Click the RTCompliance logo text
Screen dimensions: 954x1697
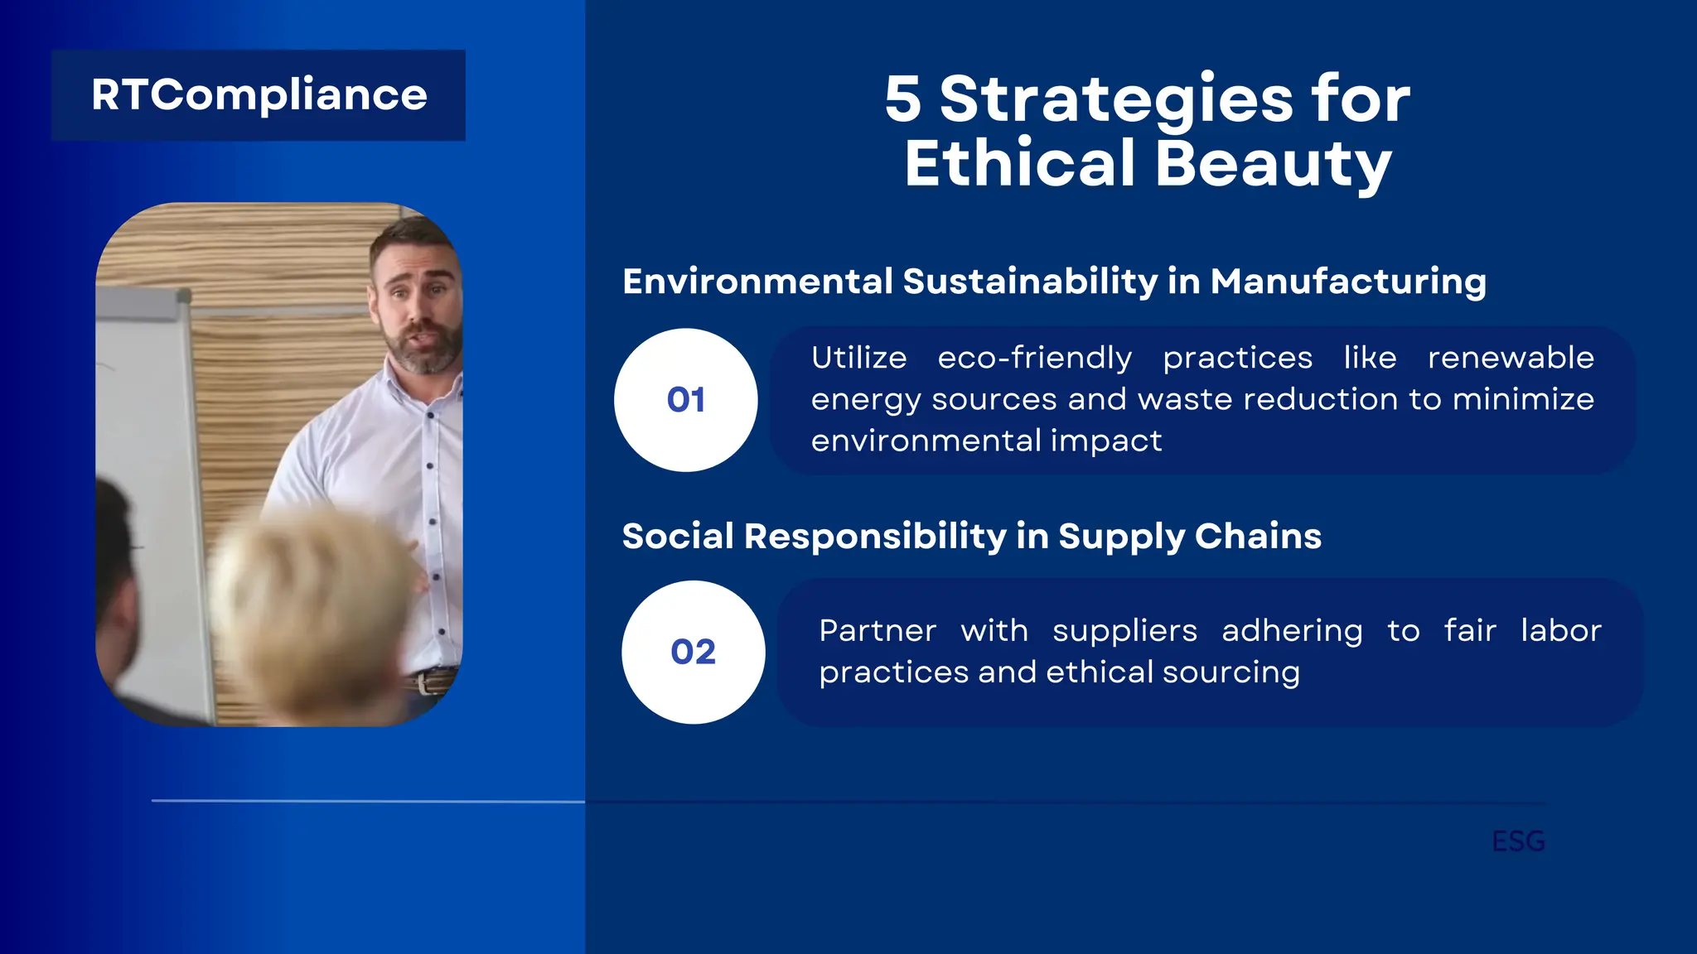click(259, 95)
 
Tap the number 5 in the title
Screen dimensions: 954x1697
click(902, 99)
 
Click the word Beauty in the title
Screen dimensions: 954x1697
click(1272, 164)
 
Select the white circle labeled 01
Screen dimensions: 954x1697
click(685, 400)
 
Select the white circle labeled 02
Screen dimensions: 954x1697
click(693, 652)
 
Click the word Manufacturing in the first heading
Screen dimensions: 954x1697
click(1347, 282)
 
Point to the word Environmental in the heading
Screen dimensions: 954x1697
click(757, 282)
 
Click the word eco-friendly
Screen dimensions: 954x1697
click(1034, 358)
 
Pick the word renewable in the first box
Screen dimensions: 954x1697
click(1510, 358)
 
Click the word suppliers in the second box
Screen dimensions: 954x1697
click(1124, 631)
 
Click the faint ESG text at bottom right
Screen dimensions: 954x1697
click(1518, 841)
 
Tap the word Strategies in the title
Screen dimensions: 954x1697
click(1116, 99)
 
